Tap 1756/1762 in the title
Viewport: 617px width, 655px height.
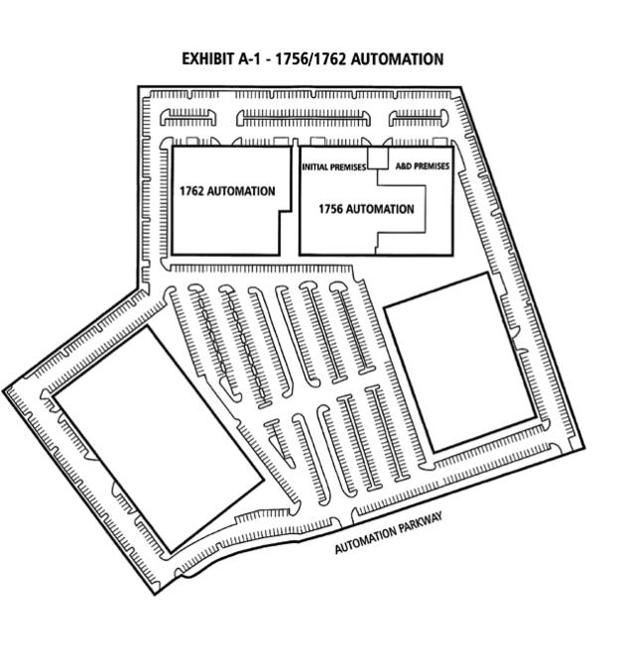[x=310, y=58]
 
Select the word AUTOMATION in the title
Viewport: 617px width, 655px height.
[x=397, y=58]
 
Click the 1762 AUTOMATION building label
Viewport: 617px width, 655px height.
[x=227, y=191]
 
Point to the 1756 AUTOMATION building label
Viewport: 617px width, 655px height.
[x=366, y=209]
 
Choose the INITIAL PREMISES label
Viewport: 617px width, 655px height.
[x=334, y=167]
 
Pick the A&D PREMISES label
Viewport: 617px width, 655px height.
[x=423, y=166]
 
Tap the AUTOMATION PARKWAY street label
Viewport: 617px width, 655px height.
[x=389, y=532]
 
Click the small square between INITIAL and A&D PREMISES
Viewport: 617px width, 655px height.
[x=378, y=158]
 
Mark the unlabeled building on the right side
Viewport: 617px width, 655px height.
[x=460, y=363]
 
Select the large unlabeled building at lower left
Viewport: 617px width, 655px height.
[x=159, y=439]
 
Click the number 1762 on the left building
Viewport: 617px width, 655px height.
[x=191, y=191]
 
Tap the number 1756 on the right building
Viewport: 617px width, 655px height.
[x=331, y=209]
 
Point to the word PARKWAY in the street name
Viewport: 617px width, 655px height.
[x=420, y=524]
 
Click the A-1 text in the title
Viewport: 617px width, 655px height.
[x=249, y=58]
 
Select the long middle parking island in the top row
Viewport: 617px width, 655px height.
[x=304, y=118]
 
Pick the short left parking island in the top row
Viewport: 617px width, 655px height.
[x=188, y=117]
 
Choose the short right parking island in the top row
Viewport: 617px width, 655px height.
[x=419, y=118]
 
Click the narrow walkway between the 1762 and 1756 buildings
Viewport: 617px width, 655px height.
[x=296, y=200]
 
